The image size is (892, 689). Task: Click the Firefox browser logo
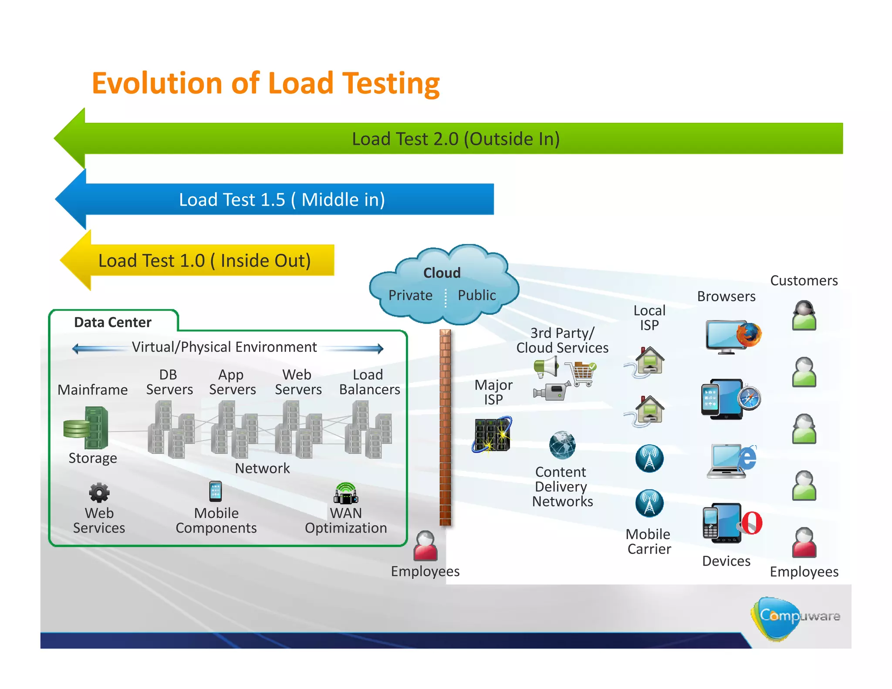[x=749, y=335]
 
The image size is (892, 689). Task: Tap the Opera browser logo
[x=752, y=523]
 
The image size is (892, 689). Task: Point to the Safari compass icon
[x=749, y=398]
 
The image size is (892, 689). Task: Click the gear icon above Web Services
[x=99, y=493]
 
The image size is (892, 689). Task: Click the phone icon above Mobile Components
[x=216, y=491]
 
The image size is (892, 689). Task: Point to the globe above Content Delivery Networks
[x=562, y=445]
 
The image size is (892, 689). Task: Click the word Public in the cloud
[x=476, y=295]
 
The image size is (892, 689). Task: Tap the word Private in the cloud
[x=410, y=295]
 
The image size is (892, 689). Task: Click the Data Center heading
[x=113, y=322]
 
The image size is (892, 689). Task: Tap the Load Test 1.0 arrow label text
[x=204, y=260]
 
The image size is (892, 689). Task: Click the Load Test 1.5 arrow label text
[x=282, y=199]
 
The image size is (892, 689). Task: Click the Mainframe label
[x=93, y=389]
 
